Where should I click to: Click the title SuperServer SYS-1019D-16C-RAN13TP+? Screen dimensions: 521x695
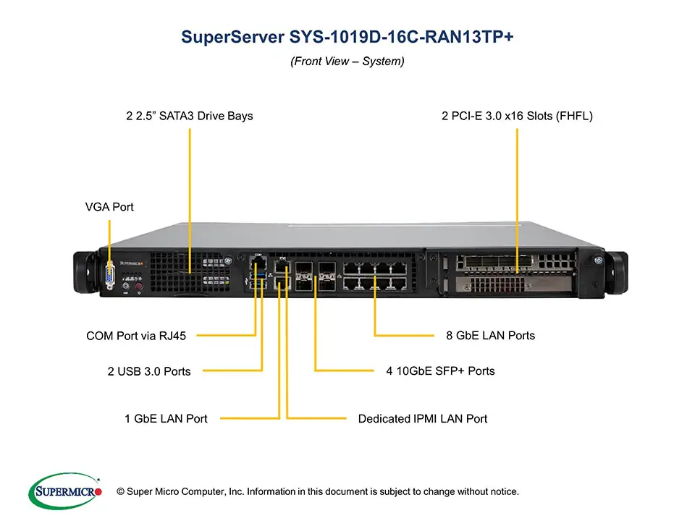point(347,38)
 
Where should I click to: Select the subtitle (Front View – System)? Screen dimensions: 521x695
point(347,62)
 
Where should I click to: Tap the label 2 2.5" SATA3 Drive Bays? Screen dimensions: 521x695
point(190,116)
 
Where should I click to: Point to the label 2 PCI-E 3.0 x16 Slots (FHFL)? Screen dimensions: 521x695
point(517,116)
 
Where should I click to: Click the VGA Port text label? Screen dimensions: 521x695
point(109,207)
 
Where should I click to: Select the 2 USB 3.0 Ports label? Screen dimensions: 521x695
point(149,371)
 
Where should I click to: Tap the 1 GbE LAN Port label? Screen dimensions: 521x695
point(166,418)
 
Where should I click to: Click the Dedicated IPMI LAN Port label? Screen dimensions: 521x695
point(423,418)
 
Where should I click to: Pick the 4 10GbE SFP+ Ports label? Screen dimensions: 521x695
point(440,370)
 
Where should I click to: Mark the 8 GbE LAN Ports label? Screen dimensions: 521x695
point(490,335)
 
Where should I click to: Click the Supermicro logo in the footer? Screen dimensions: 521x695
point(64,491)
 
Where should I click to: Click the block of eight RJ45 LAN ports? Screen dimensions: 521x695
point(374,276)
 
